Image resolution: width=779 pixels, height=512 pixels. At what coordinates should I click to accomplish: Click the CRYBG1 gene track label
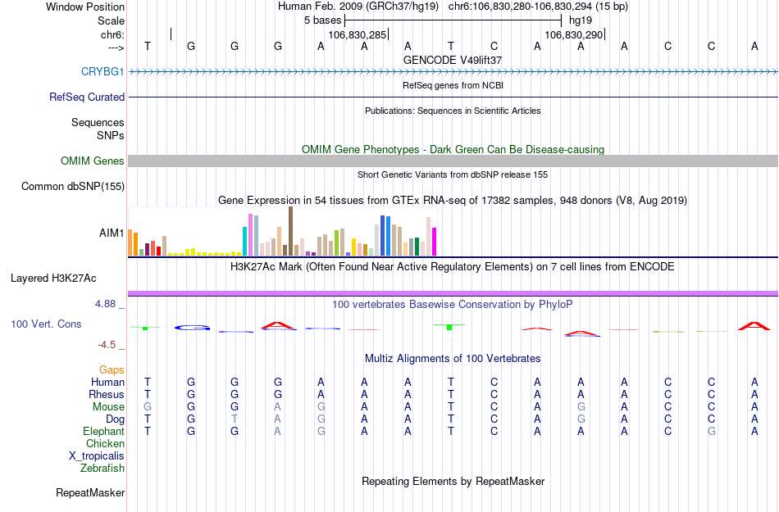click(102, 71)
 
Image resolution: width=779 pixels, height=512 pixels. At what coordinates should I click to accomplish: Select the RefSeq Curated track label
click(87, 97)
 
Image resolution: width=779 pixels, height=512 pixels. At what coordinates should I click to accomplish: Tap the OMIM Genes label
click(93, 161)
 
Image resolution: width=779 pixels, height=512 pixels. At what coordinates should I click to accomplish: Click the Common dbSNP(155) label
click(73, 187)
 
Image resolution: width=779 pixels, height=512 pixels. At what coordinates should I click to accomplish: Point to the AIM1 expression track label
click(112, 233)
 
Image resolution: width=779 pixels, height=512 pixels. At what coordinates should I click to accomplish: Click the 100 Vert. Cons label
click(46, 324)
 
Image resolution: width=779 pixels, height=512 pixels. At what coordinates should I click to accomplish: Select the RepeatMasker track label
click(90, 493)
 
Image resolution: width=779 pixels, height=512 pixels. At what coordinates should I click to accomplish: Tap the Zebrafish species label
click(102, 469)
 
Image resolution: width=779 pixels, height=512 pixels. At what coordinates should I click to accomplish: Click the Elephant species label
click(103, 432)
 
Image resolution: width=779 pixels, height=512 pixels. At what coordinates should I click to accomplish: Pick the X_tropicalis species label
click(97, 456)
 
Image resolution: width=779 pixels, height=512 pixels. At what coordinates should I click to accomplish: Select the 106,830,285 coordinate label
click(357, 35)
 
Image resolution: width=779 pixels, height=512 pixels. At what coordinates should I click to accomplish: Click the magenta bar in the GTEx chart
click(435, 242)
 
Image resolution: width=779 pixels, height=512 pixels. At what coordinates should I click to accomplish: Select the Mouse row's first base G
click(148, 407)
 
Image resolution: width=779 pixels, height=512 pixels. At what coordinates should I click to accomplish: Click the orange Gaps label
click(112, 370)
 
